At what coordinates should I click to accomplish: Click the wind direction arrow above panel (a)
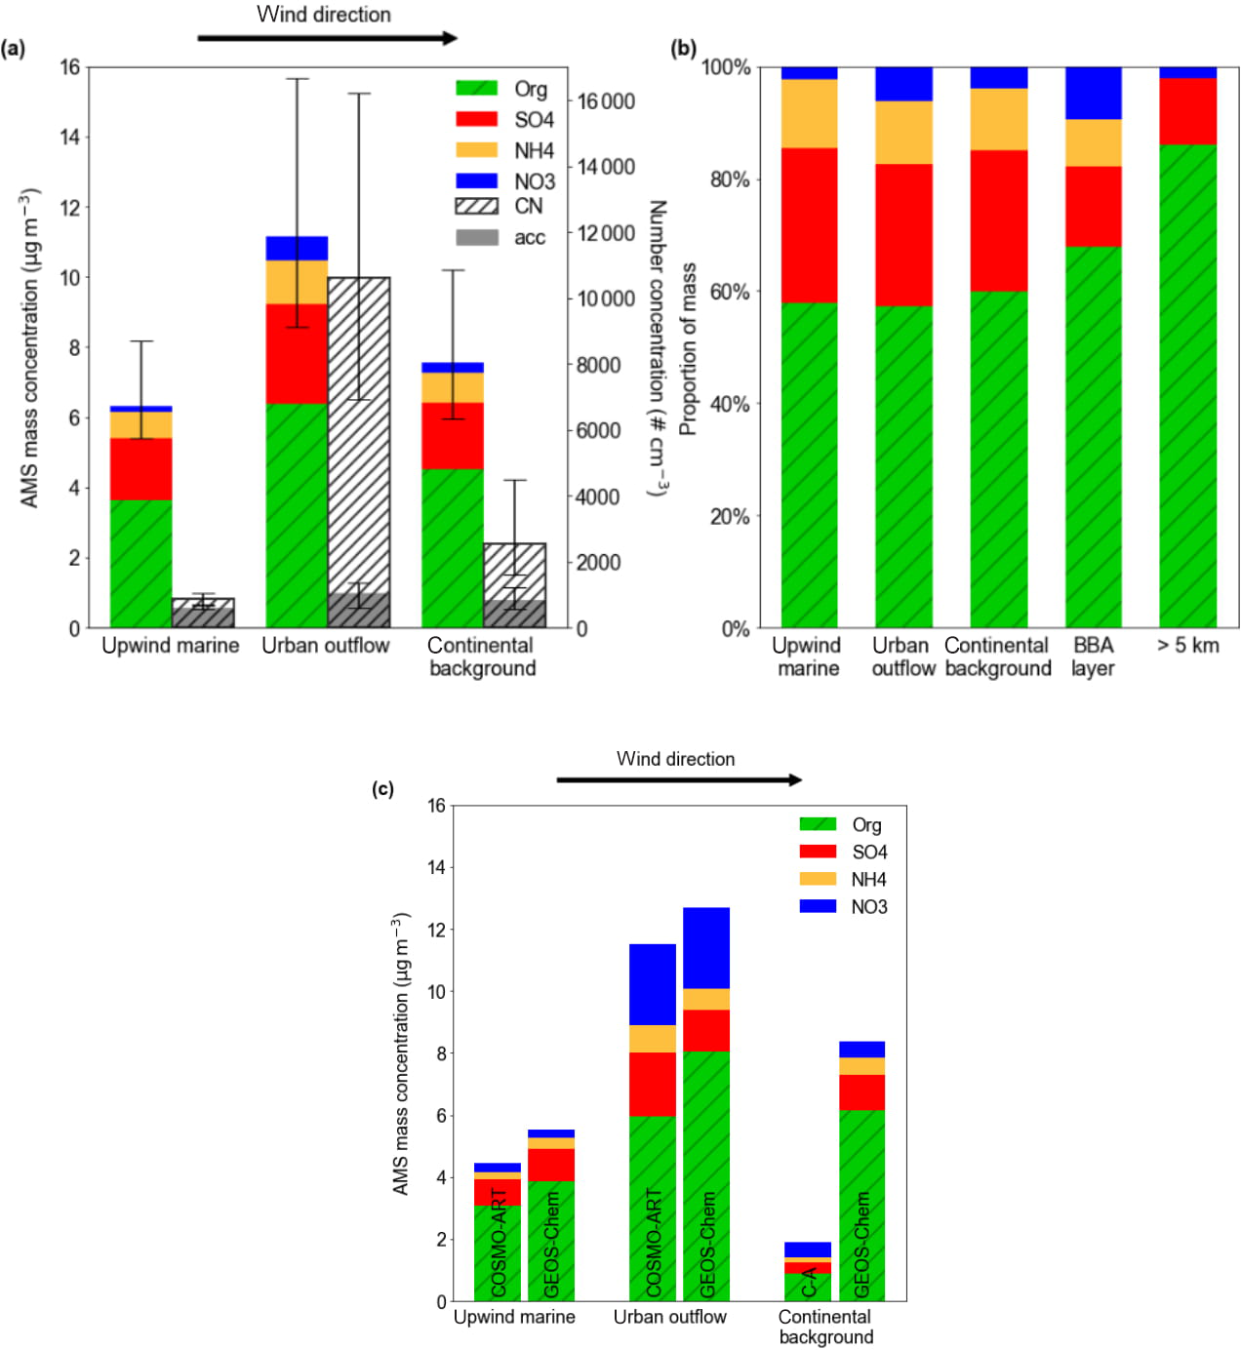(327, 38)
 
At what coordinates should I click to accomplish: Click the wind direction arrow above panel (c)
(678, 779)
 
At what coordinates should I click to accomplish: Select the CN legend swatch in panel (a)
(477, 207)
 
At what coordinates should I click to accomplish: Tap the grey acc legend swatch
(477, 238)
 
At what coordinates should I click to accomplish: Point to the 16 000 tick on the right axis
(605, 101)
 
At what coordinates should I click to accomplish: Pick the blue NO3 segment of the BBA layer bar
(1093, 93)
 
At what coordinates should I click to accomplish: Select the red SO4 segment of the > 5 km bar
(1187, 111)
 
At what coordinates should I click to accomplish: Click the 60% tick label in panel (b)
(730, 292)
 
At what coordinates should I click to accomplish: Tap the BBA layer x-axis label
(1093, 656)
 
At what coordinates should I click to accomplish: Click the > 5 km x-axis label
(1187, 645)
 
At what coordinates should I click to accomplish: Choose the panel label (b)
(684, 49)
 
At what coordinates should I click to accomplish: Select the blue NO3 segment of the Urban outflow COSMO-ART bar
(652, 984)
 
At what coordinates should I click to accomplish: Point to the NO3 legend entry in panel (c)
(868, 906)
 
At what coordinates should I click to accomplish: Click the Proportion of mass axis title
(689, 348)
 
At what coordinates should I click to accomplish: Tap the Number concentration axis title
(658, 348)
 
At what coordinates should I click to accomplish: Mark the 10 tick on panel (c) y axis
(436, 992)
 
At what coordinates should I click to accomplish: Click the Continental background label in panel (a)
(482, 656)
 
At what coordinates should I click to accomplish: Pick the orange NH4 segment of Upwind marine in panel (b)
(809, 113)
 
